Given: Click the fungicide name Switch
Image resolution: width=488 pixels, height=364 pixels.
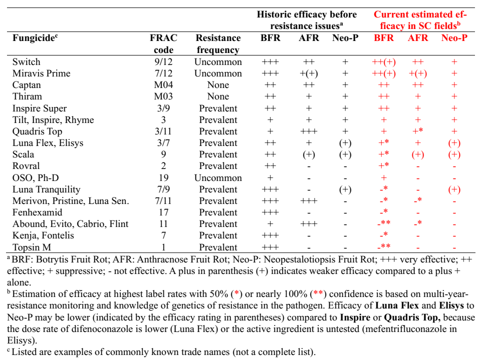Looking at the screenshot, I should tap(26, 62).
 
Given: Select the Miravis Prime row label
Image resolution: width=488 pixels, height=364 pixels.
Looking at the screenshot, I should tap(41, 73).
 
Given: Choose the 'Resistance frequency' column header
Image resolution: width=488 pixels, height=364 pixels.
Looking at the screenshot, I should tap(218, 43).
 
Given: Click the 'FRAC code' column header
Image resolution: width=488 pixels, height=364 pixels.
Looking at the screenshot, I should tap(163, 43).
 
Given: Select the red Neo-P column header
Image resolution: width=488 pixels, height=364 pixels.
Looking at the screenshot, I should tap(454, 38).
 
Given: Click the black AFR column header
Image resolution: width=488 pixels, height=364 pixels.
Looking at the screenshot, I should tap(309, 38).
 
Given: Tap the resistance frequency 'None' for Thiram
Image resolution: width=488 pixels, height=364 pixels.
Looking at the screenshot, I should tap(218, 96).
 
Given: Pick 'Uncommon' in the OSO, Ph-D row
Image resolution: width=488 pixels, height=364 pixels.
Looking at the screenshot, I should tap(218, 177).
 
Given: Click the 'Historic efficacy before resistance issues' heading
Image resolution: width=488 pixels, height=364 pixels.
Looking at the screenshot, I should tap(307, 20).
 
